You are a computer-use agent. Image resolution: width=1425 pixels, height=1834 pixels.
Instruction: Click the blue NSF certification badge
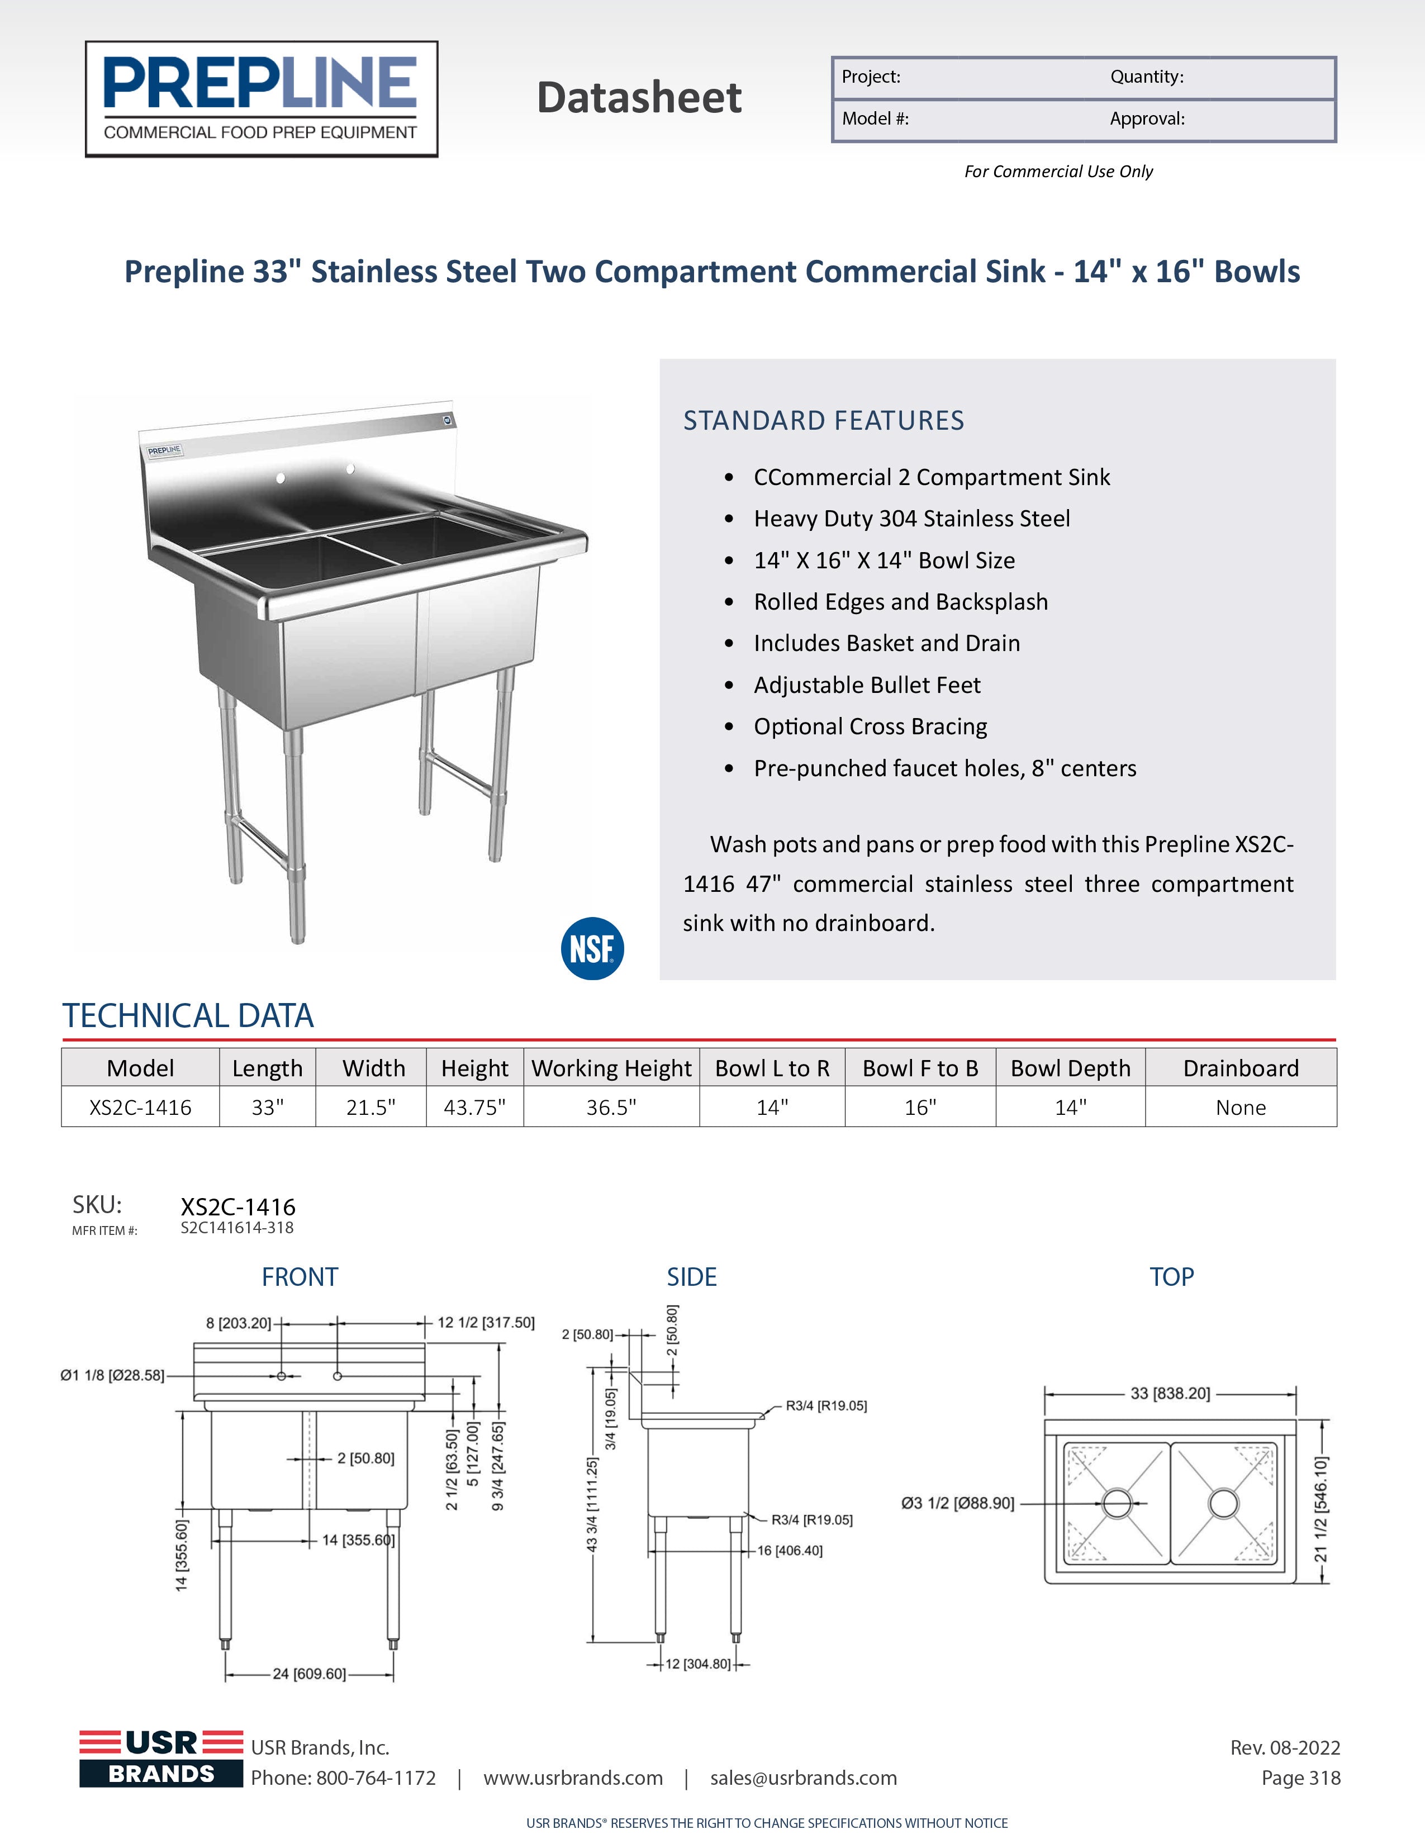pyautogui.click(x=592, y=949)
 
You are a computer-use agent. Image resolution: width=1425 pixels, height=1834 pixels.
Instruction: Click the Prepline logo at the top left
pyautogui.click(x=261, y=99)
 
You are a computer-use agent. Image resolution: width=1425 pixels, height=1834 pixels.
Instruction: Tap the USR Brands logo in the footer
pyautogui.click(x=161, y=1759)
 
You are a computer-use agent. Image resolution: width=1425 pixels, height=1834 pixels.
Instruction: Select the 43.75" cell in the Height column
pyautogui.click(x=474, y=1108)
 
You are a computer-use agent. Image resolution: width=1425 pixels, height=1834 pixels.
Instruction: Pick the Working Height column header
pyautogui.click(x=611, y=1068)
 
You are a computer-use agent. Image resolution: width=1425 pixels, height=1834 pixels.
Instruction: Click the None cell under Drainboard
pyautogui.click(x=1240, y=1108)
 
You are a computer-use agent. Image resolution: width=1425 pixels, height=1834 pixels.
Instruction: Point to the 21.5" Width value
pyautogui.click(x=371, y=1108)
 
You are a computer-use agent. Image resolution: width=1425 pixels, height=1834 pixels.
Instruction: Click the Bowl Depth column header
pyautogui.click(x=1071, y=1068)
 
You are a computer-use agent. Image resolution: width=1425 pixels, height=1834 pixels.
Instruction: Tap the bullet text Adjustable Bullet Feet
pyautogui.click(x=867, y=685)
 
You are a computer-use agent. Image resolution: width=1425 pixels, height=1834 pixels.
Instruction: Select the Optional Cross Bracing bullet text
pyautogui.click(x=870, y=726)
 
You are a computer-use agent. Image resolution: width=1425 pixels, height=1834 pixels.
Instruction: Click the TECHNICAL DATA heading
pyautogui.click(x=188, y=1016)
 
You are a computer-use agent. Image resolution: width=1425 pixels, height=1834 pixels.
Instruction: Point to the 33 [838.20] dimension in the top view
pyautogui.click(x=1170, y=1393)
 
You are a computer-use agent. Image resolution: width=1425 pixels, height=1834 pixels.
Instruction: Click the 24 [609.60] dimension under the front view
pyautogui.click(x=309, y=1674)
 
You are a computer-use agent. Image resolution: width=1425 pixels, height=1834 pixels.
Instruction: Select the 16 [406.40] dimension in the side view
pyautogui.click(x=789, y=1550)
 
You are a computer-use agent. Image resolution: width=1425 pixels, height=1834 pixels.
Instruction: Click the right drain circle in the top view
pyautogui.click(x=1223, y=1503)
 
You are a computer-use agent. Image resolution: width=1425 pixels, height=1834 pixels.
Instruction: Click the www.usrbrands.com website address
pyautogui.click(x=573, y=1778)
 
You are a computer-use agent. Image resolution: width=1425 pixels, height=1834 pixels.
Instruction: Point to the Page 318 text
pyautogui.click(x=1301, y=1778)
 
